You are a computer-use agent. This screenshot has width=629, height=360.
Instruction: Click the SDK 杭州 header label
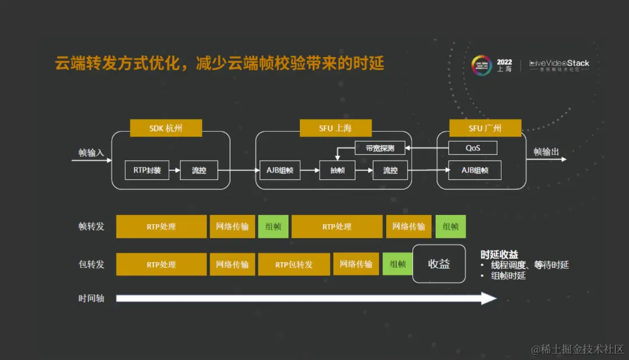(x=166, y=128)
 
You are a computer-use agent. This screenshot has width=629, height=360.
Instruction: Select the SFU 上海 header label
(x=327, y=128)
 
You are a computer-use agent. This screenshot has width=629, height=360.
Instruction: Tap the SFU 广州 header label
(x=485, y=128)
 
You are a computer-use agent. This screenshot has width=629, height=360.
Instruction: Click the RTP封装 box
(x=147, y=171)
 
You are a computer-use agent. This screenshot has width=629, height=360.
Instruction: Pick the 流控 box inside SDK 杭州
(x=199, y=171)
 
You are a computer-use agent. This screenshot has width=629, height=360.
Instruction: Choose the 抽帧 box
(x=337, y=171)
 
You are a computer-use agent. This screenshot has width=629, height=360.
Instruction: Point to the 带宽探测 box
(x=380, y=148)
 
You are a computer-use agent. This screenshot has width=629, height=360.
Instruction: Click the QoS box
(x=472, y=148)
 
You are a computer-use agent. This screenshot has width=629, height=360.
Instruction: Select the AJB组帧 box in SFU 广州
(x=475, y=171)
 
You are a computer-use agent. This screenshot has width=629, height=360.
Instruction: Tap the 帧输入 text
(x=91, y=153)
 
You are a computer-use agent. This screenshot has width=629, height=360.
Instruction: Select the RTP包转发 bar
(x=294, y=264)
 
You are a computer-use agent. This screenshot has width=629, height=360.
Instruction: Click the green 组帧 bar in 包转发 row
(x=398, y=264)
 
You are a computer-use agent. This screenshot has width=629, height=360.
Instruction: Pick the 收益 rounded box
(x=439, y=264)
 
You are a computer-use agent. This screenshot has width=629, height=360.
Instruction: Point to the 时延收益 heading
(x=499, y=255)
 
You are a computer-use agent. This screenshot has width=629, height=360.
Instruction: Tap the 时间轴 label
(x=91, y=298)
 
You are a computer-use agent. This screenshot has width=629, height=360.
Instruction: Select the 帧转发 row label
(x=91, y=227)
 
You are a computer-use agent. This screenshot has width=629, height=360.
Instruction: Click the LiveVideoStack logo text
(x=559, y=63)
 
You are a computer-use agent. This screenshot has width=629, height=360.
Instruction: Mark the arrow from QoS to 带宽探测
(x=426, y=148)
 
